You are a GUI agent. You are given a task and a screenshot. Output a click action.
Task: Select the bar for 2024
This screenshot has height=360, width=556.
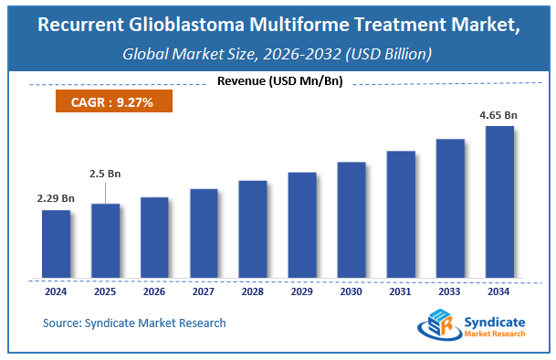click(56, 244)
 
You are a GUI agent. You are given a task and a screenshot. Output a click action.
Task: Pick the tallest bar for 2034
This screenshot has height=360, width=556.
click(499, 202)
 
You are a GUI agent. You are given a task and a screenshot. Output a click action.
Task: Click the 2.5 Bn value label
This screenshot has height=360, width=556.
click(104, 173)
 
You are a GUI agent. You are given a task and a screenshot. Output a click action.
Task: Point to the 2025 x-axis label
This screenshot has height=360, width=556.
click(105, 292)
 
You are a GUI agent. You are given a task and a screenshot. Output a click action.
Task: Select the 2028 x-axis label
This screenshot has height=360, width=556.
click(253, 292)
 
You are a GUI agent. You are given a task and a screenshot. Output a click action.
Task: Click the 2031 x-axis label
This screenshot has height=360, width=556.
click(401, 292)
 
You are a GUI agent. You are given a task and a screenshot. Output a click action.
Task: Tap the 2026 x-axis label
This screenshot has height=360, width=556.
click(154, 292)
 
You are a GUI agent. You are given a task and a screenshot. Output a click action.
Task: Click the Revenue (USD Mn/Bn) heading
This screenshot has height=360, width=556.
click(278, 83)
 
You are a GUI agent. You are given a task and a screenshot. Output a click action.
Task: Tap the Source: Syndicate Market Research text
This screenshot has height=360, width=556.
click(134, 323)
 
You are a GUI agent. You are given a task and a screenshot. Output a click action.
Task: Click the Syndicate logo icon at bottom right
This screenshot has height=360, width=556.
click(437, 325)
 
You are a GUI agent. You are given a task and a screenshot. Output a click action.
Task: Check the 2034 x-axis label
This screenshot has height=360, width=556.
click(499, 292)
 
